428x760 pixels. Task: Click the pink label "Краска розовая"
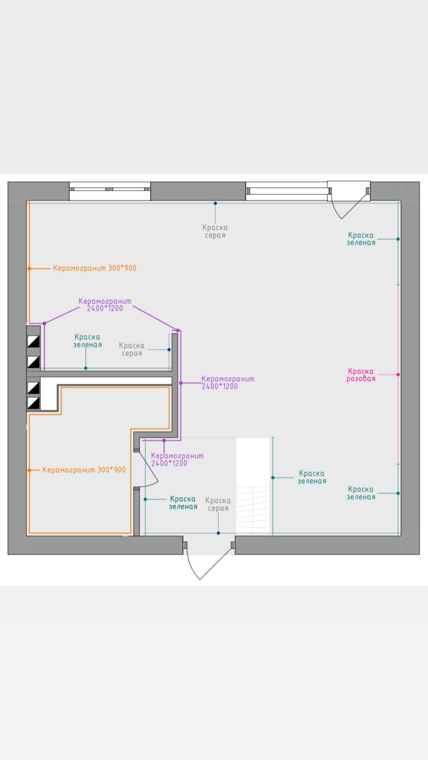click(361, 375)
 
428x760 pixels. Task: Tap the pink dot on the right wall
click(398, 375)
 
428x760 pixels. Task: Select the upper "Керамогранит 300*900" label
click(95, 268)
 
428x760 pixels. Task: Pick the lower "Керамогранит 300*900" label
click(84, 470)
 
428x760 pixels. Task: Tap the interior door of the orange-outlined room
click(146, 468)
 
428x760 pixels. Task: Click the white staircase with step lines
click(253, 486)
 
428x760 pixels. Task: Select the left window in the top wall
click(110, 190)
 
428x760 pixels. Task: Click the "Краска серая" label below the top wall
click(215, 231)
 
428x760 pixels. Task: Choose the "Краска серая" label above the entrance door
click(218, 504)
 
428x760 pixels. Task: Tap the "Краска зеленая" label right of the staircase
click(312, 477)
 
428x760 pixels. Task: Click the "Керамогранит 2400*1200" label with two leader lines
click(105, 304)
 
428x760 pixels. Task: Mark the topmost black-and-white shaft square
click(33, 341)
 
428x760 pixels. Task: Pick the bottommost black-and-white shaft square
click(33, 403)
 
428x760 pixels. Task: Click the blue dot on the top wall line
click(215, 203)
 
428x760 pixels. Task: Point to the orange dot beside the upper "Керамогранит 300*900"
click(29, 269)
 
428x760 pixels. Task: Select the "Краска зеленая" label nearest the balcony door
click(361, 239)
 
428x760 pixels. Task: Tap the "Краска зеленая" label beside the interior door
click(183, 503)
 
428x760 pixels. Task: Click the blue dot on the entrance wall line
click(218, 533)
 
